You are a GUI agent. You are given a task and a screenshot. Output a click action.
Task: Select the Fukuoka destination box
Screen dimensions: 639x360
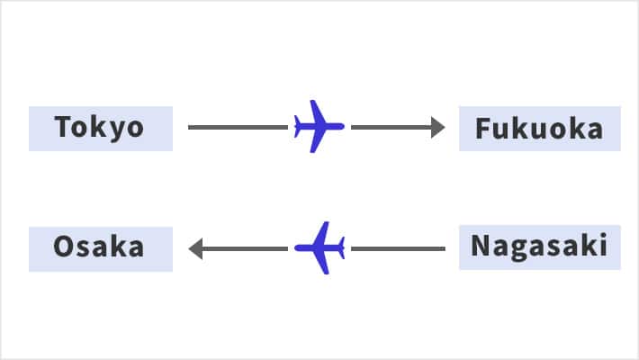coord(540,129)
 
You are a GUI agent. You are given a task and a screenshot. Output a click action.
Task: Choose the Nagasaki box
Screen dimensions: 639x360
coord(540,247)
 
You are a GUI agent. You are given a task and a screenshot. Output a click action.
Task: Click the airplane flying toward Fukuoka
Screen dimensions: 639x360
coord(319,127)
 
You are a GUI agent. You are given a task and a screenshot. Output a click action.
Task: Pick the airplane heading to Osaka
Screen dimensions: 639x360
coord(319,247)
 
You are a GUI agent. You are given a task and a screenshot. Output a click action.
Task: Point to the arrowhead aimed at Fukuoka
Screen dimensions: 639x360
coord(437,127)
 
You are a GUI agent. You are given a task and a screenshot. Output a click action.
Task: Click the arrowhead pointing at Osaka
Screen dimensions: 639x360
coord(195,248)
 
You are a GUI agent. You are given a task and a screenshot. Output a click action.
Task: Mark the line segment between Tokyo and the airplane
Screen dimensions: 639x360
coord(238,127)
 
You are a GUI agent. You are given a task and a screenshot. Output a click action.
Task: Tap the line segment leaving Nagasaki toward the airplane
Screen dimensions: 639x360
coord(398,248)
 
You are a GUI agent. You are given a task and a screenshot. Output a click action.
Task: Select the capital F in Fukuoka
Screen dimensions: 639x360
coord(483,129)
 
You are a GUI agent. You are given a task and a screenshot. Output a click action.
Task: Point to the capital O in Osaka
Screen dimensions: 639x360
coord(64,247)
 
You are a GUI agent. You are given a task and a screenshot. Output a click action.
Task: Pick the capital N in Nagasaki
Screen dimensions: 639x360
coord(481,246)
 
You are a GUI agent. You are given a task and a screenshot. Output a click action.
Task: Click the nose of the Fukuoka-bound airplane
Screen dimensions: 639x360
coord(342,126)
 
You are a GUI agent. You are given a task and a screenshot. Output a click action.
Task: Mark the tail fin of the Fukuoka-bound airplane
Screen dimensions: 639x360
coord(298,127)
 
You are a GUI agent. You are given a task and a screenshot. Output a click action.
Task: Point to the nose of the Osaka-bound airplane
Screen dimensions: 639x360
coord(297,247)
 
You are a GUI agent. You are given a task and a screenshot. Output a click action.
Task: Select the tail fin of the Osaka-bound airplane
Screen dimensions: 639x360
coord(341,247)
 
